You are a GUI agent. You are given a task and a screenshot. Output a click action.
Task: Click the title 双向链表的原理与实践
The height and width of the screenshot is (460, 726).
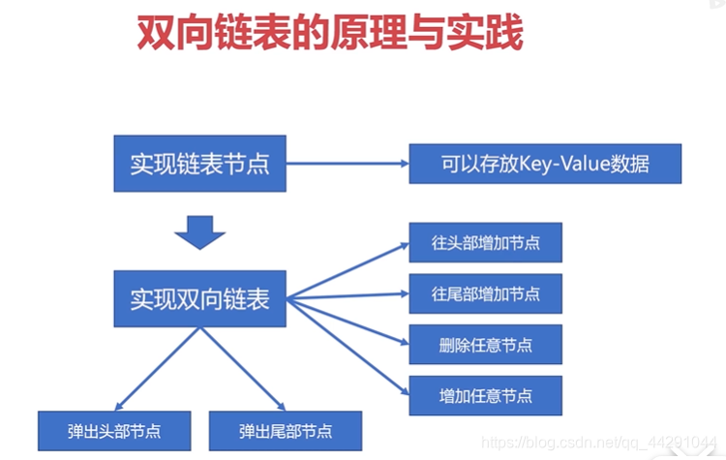329,36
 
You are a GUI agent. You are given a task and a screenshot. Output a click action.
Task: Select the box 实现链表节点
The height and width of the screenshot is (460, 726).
200,163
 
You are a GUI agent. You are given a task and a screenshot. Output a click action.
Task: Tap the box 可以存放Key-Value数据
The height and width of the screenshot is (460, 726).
545,164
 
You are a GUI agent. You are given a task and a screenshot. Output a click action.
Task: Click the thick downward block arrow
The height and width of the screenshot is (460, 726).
200,232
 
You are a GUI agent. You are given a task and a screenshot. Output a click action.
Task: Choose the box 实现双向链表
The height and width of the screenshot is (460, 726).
200,298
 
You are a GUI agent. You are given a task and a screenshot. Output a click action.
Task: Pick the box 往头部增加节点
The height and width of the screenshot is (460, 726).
486,243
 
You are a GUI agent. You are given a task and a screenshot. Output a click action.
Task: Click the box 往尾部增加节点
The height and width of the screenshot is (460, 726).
486,293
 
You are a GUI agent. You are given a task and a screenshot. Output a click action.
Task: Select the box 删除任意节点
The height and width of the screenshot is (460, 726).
486,344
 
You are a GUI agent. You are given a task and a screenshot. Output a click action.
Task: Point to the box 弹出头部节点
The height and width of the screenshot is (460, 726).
115,430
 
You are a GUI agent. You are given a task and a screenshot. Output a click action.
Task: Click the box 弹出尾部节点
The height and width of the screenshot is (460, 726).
286,430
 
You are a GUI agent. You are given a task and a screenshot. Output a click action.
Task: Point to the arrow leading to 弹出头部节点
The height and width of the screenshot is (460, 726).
160,368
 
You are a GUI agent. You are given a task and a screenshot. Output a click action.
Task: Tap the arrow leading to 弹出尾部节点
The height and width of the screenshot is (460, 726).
242,368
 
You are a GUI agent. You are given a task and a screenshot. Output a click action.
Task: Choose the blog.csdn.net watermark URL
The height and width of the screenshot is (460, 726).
600,443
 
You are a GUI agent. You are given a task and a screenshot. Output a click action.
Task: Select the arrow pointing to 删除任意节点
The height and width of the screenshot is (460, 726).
348,321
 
